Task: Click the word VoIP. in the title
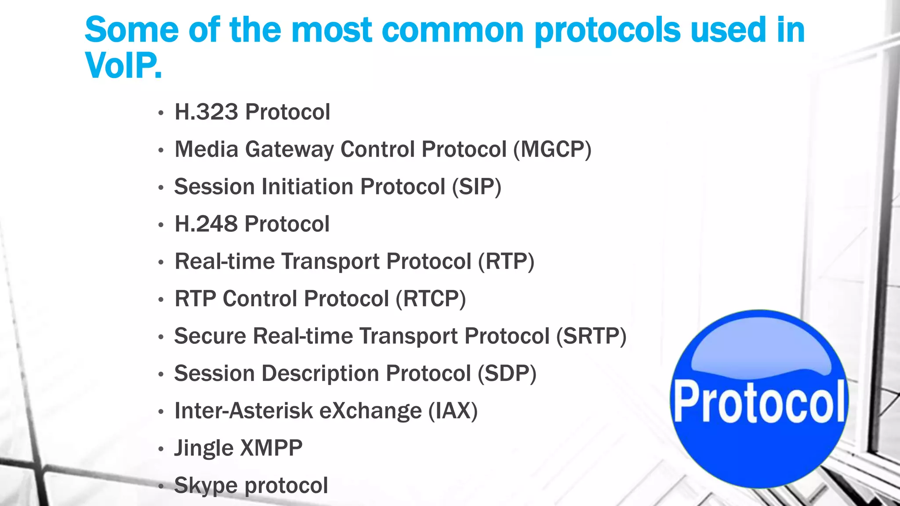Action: point(123,66)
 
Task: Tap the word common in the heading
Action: point(453,30)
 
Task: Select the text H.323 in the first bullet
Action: point(206,112)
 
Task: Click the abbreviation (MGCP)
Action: point(552,149)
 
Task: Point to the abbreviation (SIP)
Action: point(477,187)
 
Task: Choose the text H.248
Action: point(206,224)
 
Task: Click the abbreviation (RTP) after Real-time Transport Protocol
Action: point(506,261)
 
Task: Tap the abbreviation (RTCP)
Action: point(431,299)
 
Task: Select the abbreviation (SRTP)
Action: point(591,336)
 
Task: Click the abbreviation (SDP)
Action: point(507,373)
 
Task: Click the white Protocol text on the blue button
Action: point(759,402)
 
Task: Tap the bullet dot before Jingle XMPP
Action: point(161,449)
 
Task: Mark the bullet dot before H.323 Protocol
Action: point(161,113)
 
